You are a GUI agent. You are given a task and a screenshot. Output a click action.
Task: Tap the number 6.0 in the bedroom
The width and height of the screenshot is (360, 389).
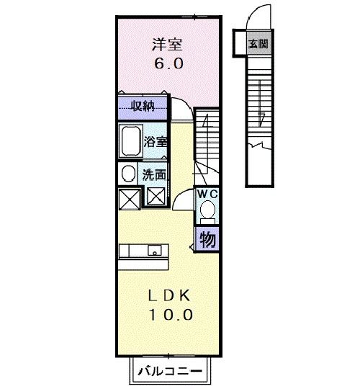167,63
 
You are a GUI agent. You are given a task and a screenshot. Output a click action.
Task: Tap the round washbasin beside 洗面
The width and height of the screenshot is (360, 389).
127,174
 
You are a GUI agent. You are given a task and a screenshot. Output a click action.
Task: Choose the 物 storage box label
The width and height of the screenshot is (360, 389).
207,238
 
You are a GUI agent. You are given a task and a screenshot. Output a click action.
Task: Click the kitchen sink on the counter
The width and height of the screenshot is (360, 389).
153,251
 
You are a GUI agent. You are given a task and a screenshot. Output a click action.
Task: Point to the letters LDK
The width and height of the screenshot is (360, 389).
171,296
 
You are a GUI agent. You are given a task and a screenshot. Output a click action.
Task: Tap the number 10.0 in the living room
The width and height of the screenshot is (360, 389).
171,315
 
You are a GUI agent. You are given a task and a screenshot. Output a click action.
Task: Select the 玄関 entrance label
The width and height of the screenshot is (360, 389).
258,43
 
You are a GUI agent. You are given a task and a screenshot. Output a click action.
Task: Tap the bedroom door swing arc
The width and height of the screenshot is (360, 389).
181,108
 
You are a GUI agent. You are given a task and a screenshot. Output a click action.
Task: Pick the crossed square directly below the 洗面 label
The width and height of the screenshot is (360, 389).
155,196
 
